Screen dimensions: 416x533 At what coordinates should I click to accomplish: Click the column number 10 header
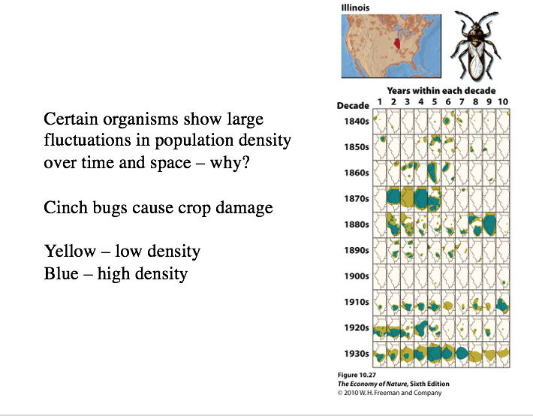[502, 101]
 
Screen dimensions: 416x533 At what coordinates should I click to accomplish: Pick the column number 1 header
[380, 101]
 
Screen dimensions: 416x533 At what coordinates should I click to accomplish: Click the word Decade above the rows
[353, 105]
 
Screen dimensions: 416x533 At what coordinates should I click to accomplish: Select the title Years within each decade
[441, 91]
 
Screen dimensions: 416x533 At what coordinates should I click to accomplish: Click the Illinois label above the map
[355, 8]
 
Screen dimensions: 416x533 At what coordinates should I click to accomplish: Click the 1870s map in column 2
[394, 198]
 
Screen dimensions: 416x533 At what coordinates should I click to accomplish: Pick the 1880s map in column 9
[489, 224]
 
